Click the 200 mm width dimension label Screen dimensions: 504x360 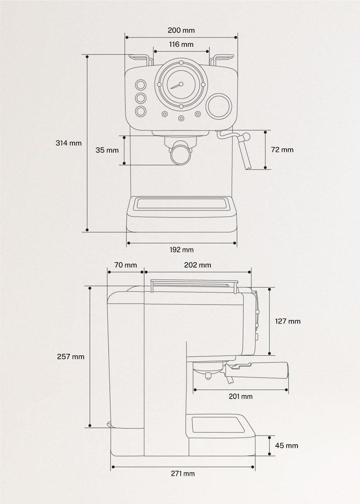(181, 31)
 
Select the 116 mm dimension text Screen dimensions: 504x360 (181, 44)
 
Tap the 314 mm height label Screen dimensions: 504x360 (68, 143)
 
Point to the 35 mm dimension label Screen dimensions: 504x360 (107, 150)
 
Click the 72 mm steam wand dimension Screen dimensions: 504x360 (282, 150)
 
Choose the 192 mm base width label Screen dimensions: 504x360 (181, 250)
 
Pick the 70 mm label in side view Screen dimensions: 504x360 (125, 265)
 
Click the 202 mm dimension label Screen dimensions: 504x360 (197, 265)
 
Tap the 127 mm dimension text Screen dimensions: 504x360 (288, 321)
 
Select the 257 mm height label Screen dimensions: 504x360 (71, 356)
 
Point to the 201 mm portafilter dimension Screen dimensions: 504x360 (240, 396)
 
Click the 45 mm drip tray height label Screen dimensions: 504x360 (287, 445)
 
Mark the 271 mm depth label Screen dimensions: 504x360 (183, 473)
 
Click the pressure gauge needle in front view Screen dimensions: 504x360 (176, 85)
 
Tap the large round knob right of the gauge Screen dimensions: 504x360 (219, 106)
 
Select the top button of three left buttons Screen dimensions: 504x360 (140, 85)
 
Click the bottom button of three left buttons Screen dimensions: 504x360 (140, 112)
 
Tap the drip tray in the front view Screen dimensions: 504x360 (181, 204)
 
